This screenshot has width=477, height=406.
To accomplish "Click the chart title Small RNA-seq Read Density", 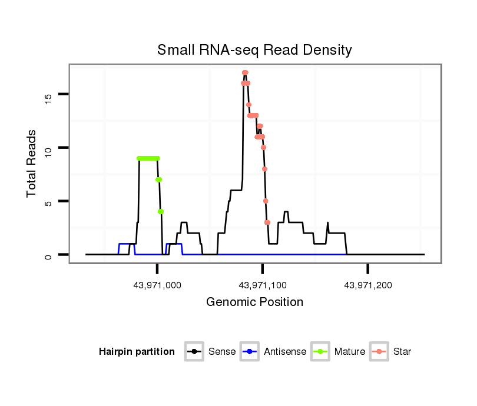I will click(254, 50).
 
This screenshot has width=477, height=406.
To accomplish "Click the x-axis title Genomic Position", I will click(254, 302).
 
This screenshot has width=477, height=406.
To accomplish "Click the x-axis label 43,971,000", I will click(157, 285).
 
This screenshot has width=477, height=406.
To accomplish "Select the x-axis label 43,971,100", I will click(263, 285).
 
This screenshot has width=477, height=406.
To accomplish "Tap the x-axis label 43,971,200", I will click(368, 285).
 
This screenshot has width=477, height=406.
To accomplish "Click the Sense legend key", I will click(194, 352).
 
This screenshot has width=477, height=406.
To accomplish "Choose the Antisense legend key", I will click(250, 352).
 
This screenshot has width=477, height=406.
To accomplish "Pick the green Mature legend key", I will click(320, 352).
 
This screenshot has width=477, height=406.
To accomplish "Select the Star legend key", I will click(379, 352).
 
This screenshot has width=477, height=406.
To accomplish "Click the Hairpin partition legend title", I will click(137, 352).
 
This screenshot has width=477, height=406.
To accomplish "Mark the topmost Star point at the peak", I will click(245, 72).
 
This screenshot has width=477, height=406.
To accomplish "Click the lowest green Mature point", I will click(161, 211).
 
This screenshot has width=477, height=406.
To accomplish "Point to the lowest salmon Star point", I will click(267, 222).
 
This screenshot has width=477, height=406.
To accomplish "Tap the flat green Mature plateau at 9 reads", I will click(148, 158).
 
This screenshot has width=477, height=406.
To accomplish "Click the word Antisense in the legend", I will click(285, 352).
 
